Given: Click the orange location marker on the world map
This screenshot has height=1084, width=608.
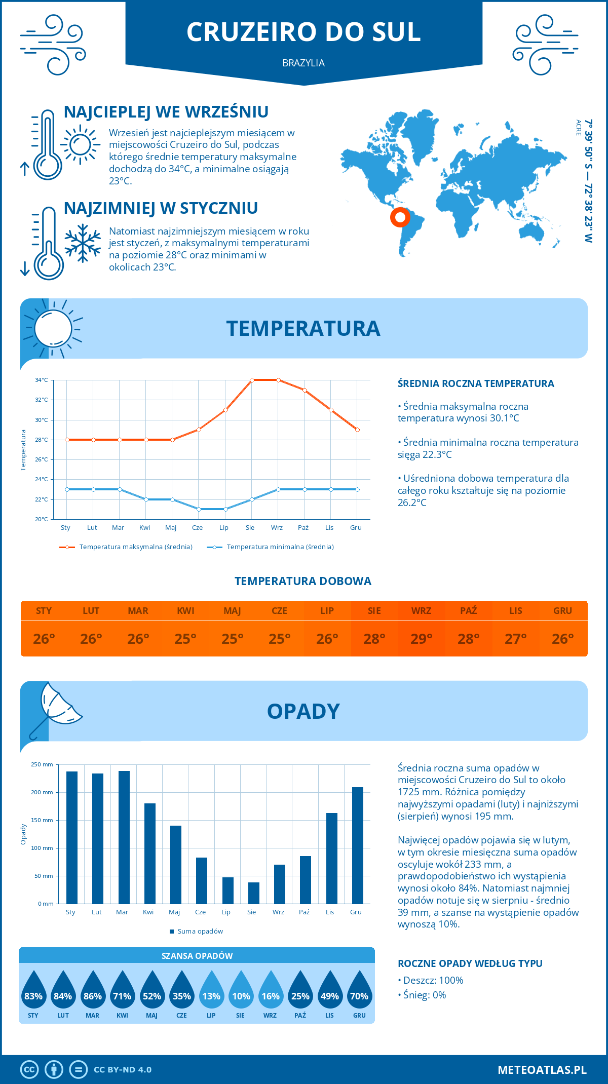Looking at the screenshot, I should coord(400,217).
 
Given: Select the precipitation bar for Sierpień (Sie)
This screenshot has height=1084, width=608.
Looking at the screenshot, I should coord(254,893).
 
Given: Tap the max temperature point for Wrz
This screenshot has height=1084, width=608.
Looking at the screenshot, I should coord(278,380).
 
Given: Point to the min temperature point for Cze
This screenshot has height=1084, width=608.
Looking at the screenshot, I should coord(199,509).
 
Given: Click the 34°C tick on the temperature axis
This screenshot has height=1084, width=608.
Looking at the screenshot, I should coord(42,380).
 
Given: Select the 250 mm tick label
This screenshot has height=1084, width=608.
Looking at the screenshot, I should coord(42,764).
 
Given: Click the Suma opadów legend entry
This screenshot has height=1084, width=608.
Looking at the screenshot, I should coord(200,931).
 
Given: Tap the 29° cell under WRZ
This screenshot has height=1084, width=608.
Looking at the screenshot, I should coord(421,639).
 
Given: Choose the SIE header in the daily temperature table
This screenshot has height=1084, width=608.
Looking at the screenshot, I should coord(374,611).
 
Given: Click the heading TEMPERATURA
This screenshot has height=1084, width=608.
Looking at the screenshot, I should coord(303,328).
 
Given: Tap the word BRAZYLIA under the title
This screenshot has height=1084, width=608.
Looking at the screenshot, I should coord(303,63).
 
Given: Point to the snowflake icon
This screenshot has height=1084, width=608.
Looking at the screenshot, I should coord(83,243).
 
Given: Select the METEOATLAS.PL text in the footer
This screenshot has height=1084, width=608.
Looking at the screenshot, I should coord(542,1069).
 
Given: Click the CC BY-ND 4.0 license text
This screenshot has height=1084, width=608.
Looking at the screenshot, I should coord(123,1069).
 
